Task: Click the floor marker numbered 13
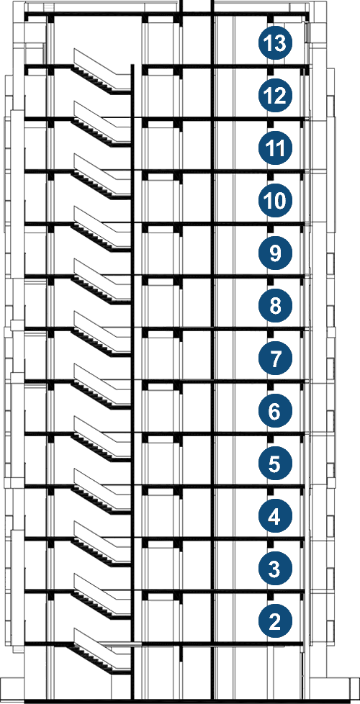(x=275, y=44)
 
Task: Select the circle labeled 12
(x=275, y=96)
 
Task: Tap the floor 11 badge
(x=275, y=148)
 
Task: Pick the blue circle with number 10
(x=275, y=201)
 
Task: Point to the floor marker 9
(x=275, y=253)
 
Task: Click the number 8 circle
(x=275, y=306)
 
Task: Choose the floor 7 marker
(x=275, y=358)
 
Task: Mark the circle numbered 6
(x=275, y=411)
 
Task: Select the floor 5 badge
(x=275, y=464)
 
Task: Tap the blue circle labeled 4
(x=275, y=516)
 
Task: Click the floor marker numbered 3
(x=275, y=569)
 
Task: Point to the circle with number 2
(x=275, y=621)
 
